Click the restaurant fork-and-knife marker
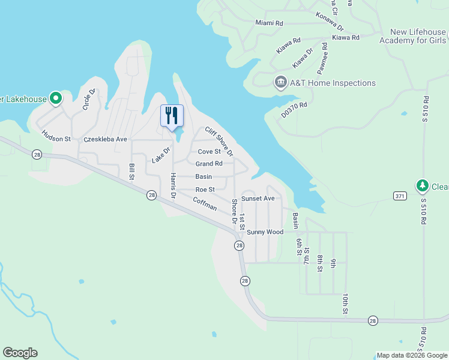[x=172, y=115]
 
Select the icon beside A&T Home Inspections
[x=280, y=82]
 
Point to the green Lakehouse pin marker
[x=56, y=98]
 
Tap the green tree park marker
[x=423, y=185]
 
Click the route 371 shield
[x=400, y=196]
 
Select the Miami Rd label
[x=269, y=23]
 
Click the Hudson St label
[x=56, y=139]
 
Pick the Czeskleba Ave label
[x=106, y=139]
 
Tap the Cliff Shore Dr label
[x=218, y=142]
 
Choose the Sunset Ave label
[x=258, y=199]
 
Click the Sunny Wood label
[x=265, y=232]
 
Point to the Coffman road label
[x=205, y=204]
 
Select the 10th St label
[x=346, y=303]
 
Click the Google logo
[x=20, y=353]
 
